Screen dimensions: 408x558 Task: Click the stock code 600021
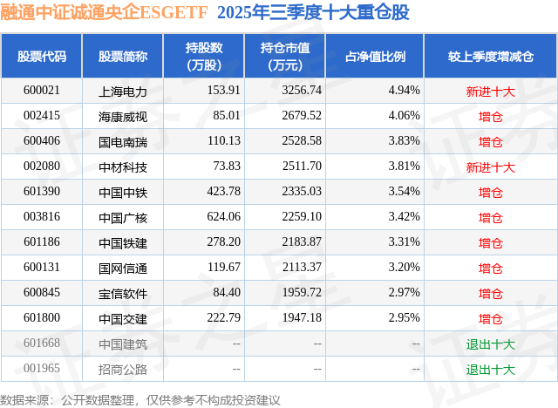tap(41, 90)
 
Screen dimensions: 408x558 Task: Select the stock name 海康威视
tap(123, 115)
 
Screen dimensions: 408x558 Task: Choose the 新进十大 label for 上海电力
tap(490, 91)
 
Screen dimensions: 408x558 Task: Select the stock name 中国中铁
tap(123, 192)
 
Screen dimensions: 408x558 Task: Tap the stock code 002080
tap(41, 167)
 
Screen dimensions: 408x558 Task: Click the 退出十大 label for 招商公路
tap(490, 370)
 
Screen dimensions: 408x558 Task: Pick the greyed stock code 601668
tap(41, 344)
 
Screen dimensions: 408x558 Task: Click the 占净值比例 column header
tap(382, 56)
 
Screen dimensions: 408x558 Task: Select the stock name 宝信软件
tap(123, 294)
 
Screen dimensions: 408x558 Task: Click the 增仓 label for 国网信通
tap(490, 269)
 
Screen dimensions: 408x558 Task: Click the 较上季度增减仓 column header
tap(490, 56)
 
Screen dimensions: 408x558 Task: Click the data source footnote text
tap(140, 398)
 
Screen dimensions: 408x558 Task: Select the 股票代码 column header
tap(41, 56)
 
